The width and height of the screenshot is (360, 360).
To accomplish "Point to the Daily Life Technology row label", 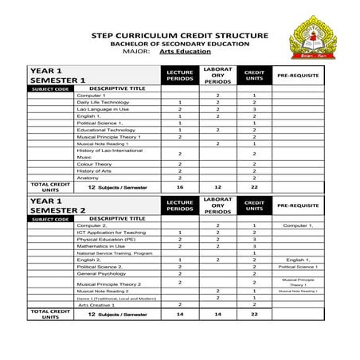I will click(x=103, y=102).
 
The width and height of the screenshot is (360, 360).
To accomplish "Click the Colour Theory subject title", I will click(x=95, y=163).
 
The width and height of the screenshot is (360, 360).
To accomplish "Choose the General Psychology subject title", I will click(x=102, y=273).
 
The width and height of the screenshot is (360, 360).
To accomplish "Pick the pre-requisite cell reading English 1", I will click(x=299, y=260).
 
